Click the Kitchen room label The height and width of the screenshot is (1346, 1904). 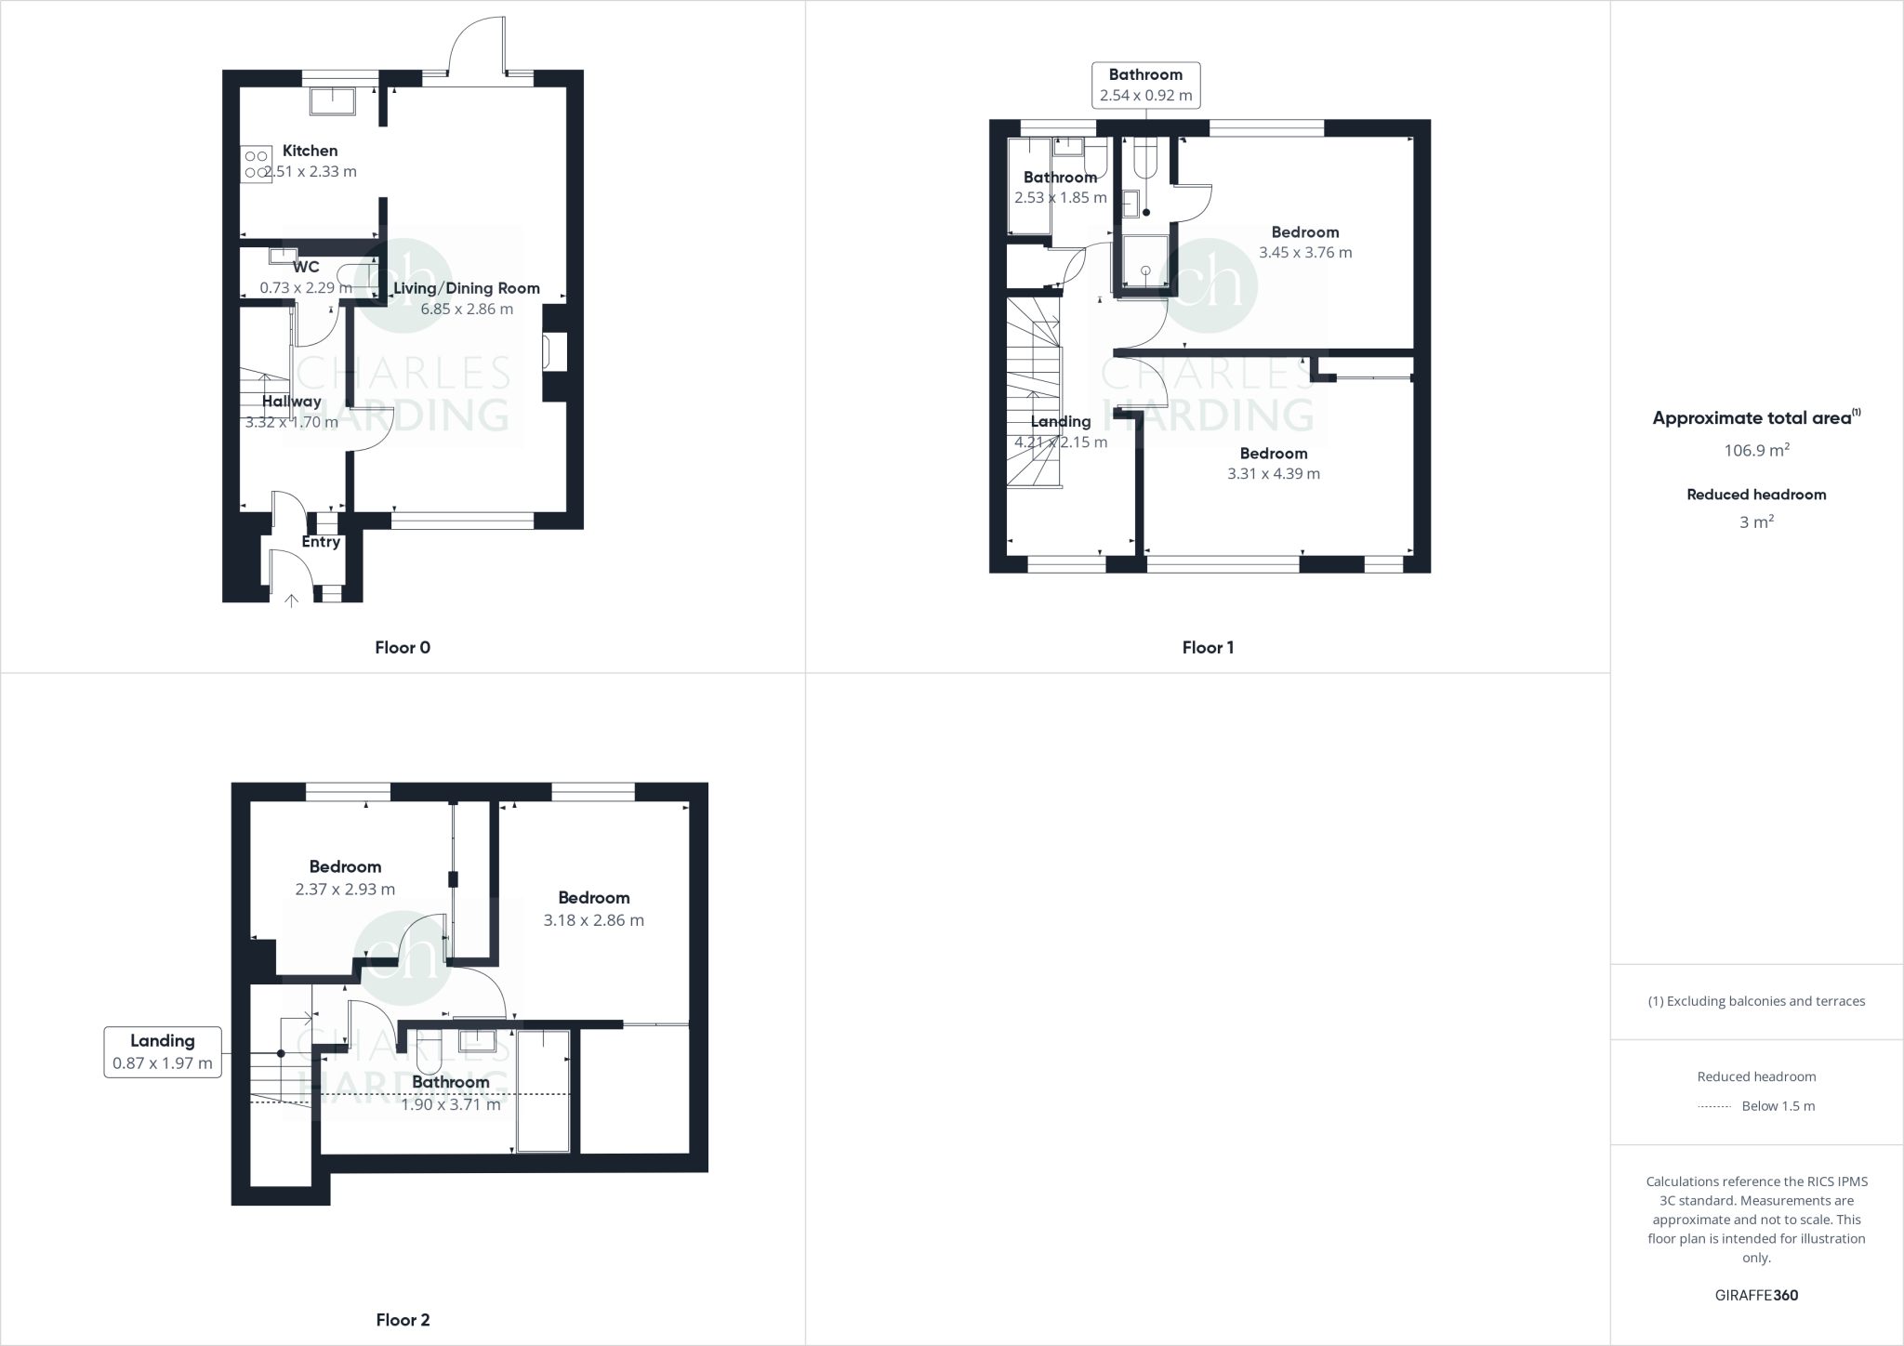point(310,151)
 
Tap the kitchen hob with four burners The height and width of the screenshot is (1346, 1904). point(256,165)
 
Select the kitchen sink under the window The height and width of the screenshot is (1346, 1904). point(332,101)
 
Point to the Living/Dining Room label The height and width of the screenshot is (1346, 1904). point(466,288)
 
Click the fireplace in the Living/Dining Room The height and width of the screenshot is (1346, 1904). point(555,353)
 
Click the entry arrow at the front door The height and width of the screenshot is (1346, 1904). point(291,600)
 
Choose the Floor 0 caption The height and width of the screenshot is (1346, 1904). point(403,648)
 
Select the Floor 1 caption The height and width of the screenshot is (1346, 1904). point(1208,648)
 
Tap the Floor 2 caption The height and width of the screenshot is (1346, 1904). point(403,1320)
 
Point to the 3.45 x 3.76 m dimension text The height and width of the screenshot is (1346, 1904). point(1305,253)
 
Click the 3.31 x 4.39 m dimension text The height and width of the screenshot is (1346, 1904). point(1273,474)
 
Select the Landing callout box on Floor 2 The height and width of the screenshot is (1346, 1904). point(163,1052)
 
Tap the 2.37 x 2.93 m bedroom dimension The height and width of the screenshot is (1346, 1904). point(345,890)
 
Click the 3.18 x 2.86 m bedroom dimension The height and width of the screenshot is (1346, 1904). point(593,920)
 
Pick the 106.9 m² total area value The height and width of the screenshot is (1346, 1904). point(1756,451)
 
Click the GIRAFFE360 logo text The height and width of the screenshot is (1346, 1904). point(1756,1295)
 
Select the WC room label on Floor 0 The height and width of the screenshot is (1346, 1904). point(306,268)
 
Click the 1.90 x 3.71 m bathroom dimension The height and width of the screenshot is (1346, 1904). point(451,1105)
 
